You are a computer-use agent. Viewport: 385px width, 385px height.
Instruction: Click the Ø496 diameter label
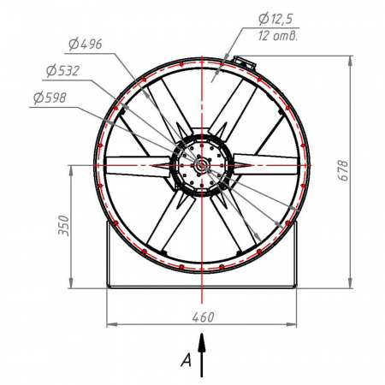pos(86,44)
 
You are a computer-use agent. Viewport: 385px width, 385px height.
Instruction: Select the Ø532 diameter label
pos(62,71)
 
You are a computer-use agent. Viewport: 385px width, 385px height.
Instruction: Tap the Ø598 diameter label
pos(50,98)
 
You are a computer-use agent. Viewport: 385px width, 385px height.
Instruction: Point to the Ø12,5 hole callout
pos(275,19)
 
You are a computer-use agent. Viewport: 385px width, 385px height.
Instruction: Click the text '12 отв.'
pos(277,36)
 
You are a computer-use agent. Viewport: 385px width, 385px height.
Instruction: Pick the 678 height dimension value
pos(343,170)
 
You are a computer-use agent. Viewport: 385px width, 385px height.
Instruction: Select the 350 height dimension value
pos(64,226)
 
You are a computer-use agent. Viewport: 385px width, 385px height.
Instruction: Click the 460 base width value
pos(203,317)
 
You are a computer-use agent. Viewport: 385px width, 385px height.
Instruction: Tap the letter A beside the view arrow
pos(187,360)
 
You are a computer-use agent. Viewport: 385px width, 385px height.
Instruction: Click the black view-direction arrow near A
pos(202,355)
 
